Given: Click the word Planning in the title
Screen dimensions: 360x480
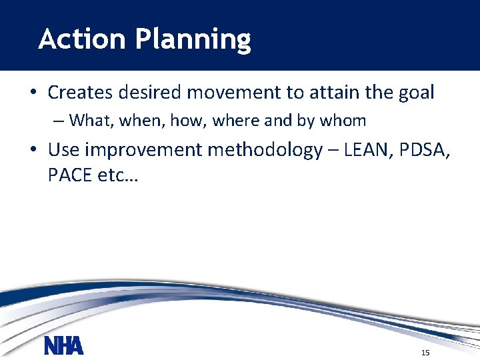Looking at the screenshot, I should pos(193,41).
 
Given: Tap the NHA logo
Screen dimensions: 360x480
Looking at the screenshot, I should pos(64,347).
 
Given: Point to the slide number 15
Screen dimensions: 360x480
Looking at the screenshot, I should pos(425,352).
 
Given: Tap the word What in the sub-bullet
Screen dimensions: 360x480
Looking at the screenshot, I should pos(91,121).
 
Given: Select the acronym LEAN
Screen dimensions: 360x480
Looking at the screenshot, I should pos(367,150).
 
